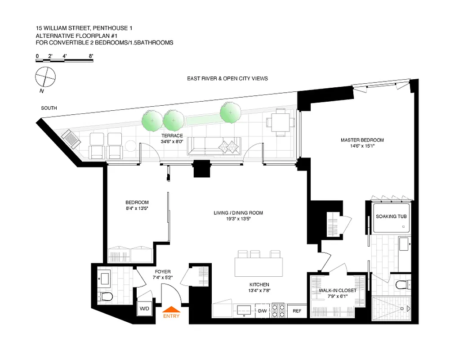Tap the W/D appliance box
(x=144, y=309)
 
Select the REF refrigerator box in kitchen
(x=297, y=310)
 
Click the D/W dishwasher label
(x=262, y=310)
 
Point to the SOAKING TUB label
(x=391, y=216)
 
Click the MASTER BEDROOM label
(x=362, y=140)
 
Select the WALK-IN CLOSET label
(x=337, y=291)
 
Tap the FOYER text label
(x=162, y=272)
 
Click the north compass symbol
(x=45, y=76)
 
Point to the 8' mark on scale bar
(x=91, y=56)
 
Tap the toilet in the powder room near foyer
(x=106, y=297)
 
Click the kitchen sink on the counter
(x=245, y=310)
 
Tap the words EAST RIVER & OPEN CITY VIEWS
(x=227, y=79)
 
